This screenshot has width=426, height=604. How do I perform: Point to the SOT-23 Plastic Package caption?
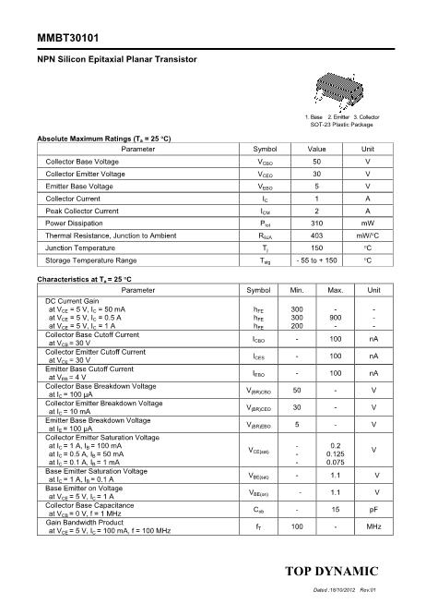341,125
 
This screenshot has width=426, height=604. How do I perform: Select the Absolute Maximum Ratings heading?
103,138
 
